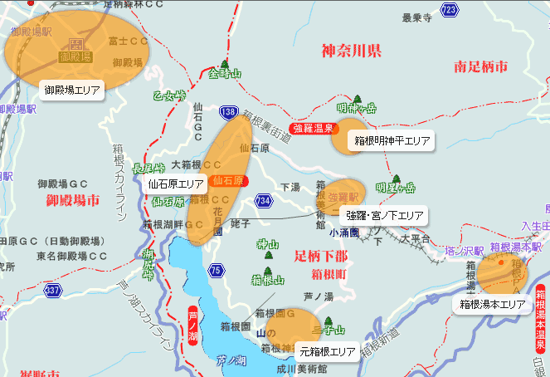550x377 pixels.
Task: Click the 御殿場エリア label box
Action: coord(72,89)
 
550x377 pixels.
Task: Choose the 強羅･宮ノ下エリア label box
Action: coord(384,216)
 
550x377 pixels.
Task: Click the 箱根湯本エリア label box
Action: coord(493,304)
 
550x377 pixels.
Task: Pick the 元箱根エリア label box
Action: coord(328,351)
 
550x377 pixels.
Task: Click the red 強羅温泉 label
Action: coord(312,129)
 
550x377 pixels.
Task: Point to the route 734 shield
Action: coord(264,200)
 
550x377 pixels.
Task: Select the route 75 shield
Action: coord(217,270)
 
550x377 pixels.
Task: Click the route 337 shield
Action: coord(53,291)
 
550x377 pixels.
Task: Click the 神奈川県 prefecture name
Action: coord(351,51)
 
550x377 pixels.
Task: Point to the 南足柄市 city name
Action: coord(481,67)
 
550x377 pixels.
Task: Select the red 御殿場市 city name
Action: coord(73,200)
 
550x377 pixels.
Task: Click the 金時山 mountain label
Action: coord(224,74)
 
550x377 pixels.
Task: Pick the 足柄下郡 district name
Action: coord(321,256)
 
